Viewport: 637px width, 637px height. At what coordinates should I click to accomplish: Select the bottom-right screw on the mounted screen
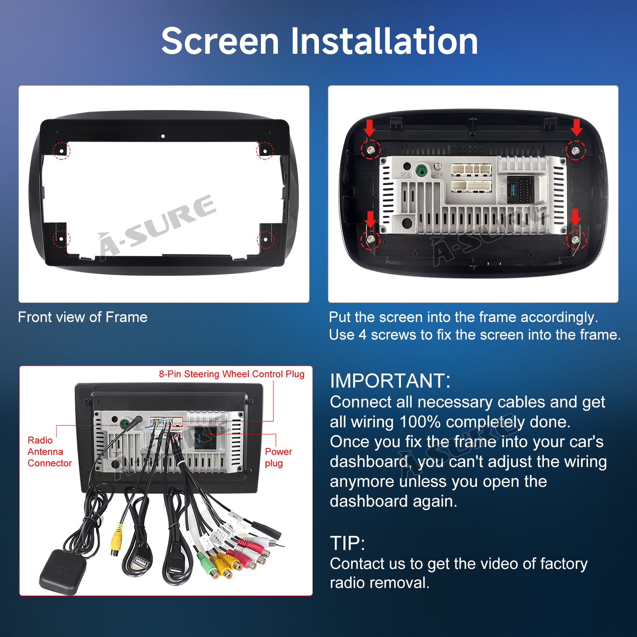click(x=575, y=240)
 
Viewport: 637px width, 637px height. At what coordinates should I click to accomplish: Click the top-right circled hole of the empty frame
click(x=265, y=151)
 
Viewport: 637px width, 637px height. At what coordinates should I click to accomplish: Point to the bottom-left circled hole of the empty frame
click(x=62, y=239)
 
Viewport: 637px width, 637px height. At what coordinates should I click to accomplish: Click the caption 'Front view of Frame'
click(x=83, y=317)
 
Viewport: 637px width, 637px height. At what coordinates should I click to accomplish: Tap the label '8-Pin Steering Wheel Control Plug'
click(x=232, y=374)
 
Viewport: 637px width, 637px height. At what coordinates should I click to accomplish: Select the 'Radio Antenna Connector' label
click(x=49, y=451)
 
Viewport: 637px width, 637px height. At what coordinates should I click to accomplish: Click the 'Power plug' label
click(x=278, y=457)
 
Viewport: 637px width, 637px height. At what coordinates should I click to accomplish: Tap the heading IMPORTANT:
click(x=390, y=381)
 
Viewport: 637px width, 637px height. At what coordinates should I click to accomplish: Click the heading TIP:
click(x=347, y=543)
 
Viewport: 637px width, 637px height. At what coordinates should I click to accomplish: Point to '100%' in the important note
click(x=420, y=422)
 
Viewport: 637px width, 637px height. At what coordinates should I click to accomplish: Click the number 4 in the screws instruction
click(x=362, y=335)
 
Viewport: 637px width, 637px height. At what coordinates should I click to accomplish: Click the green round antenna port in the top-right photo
click(x=422, y=171)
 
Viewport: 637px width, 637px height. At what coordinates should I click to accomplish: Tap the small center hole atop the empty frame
click(x=163, y=136)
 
